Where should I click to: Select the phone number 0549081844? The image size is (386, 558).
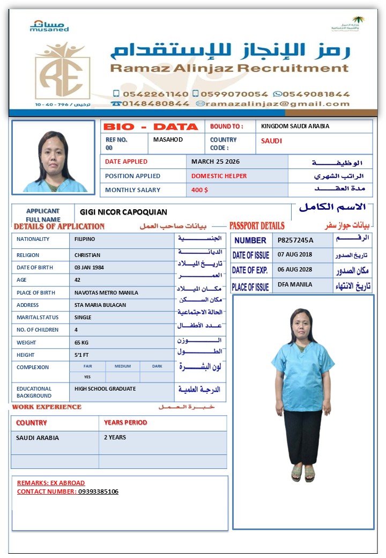coord(316,93)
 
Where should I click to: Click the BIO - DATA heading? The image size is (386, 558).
coord(151,127)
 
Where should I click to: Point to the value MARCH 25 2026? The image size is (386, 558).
coord(216,161)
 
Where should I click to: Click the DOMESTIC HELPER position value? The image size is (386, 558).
coord(219,176)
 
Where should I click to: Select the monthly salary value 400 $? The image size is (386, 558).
coord(199,190)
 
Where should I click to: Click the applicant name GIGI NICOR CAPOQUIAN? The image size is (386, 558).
coord(123,212)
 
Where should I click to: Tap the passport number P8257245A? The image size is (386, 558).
coord(295,240)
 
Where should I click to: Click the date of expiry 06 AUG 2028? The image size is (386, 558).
coord(295,269)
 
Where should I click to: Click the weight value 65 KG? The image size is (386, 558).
coord(82,342)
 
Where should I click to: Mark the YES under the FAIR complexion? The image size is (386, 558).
coord(87,377)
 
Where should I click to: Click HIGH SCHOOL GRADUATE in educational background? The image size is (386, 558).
coord(105,389)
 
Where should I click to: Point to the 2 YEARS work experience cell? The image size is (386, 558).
coord(115,438)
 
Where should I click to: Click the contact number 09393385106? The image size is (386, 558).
coord(98,491)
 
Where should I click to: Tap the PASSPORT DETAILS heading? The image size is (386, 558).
coord(257,226)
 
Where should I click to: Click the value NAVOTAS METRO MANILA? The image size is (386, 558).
coord(106,293)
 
